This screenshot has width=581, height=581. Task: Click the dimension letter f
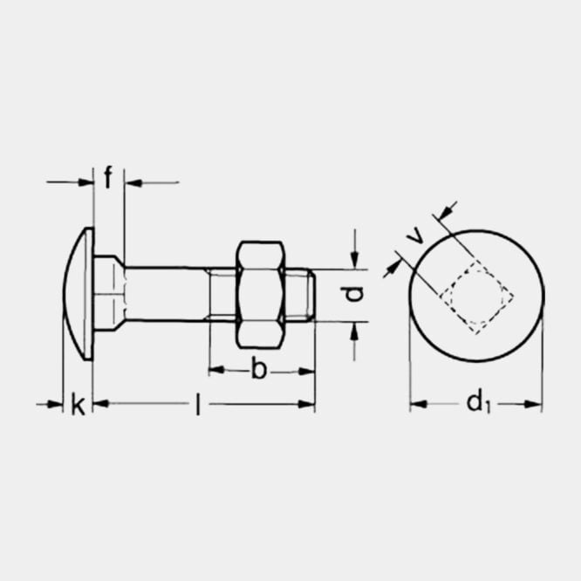(x=107, y=177)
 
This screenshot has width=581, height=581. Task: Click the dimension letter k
(x=79, y=405)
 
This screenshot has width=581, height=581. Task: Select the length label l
(x=199, y=405)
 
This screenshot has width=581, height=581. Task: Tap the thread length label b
(x=259, y=368)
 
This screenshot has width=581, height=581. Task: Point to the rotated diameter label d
(x=352, y=294)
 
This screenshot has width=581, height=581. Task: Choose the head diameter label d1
(x=479, y=403)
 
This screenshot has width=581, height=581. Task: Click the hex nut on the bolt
(x=261, y=295)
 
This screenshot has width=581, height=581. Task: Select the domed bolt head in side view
(x=79, y=294)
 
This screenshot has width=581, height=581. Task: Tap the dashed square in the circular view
(x=477, y=297)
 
